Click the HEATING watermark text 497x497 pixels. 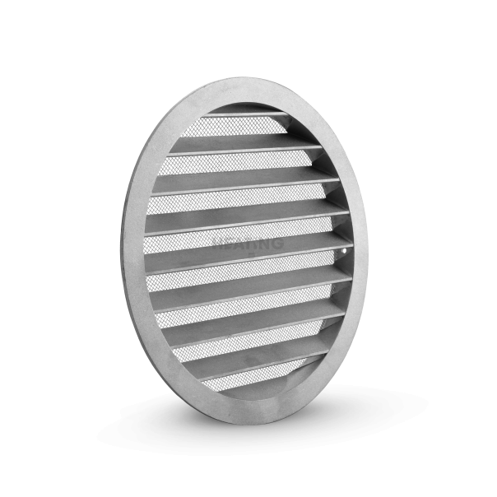(x=248, y=244)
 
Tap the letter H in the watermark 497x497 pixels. (x=218, y=244)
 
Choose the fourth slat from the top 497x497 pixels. (x=247, y=215)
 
